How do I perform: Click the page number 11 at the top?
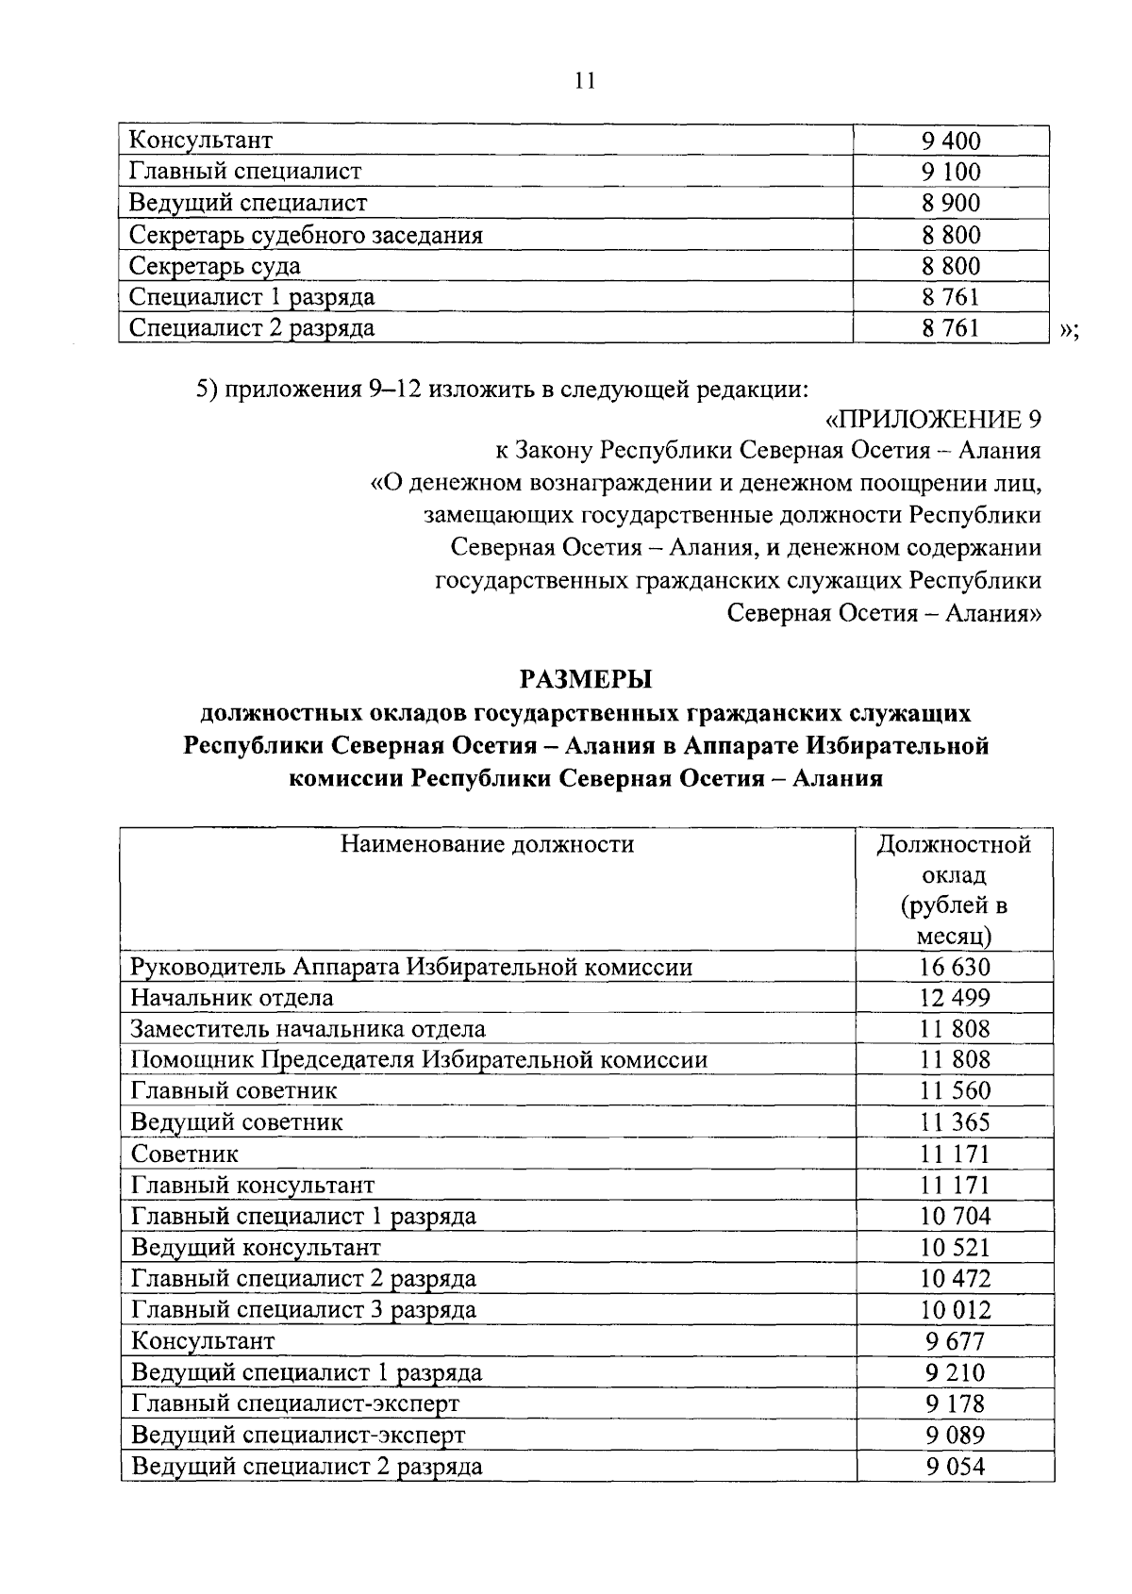(x=584, y=81)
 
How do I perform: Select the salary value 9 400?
(x=951, y=141)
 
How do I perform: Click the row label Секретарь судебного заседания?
(x=306, y=235)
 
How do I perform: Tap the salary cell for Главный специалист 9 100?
(x=951, y=172)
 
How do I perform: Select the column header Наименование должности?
(x=487, y=843)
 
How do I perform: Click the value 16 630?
(x=955, y=967)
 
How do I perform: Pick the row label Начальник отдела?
(x=232, y=998)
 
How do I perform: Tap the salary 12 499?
(x=955, y=998)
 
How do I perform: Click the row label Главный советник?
(x=234, y=1091)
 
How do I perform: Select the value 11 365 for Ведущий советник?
(x=955, y=1122)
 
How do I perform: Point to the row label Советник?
(x=185, y=1154)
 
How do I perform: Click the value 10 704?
(x=955, y=1216)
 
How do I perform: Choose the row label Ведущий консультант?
(x=256, y=1247)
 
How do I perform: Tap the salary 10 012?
(x=955, y=1309)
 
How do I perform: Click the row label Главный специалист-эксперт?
(x=295, y=1403)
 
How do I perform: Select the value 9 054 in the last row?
(x=955, y=1466)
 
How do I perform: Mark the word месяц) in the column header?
(x=954, y=938)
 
